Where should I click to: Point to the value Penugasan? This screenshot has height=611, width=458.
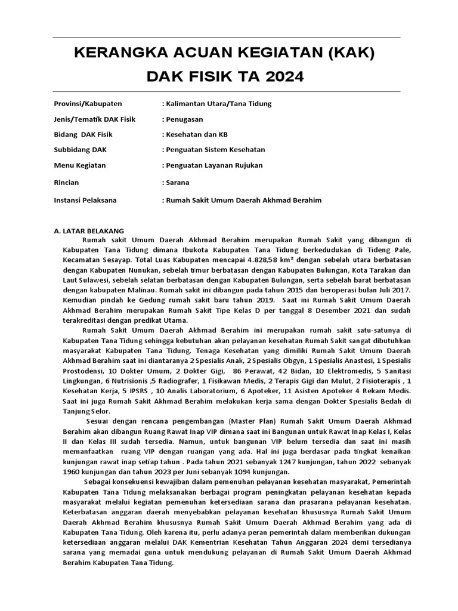tap(184, 119)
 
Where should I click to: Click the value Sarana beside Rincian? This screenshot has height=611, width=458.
tap(178, 181)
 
